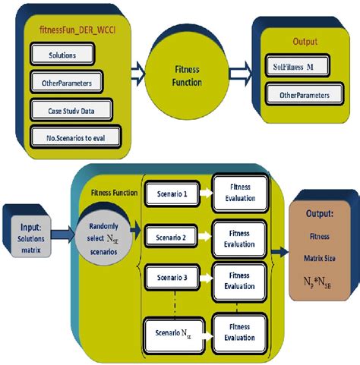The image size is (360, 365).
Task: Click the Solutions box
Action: [62, 55]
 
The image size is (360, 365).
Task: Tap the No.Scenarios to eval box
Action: [75, 136]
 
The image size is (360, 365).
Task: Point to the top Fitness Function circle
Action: [183, 77]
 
